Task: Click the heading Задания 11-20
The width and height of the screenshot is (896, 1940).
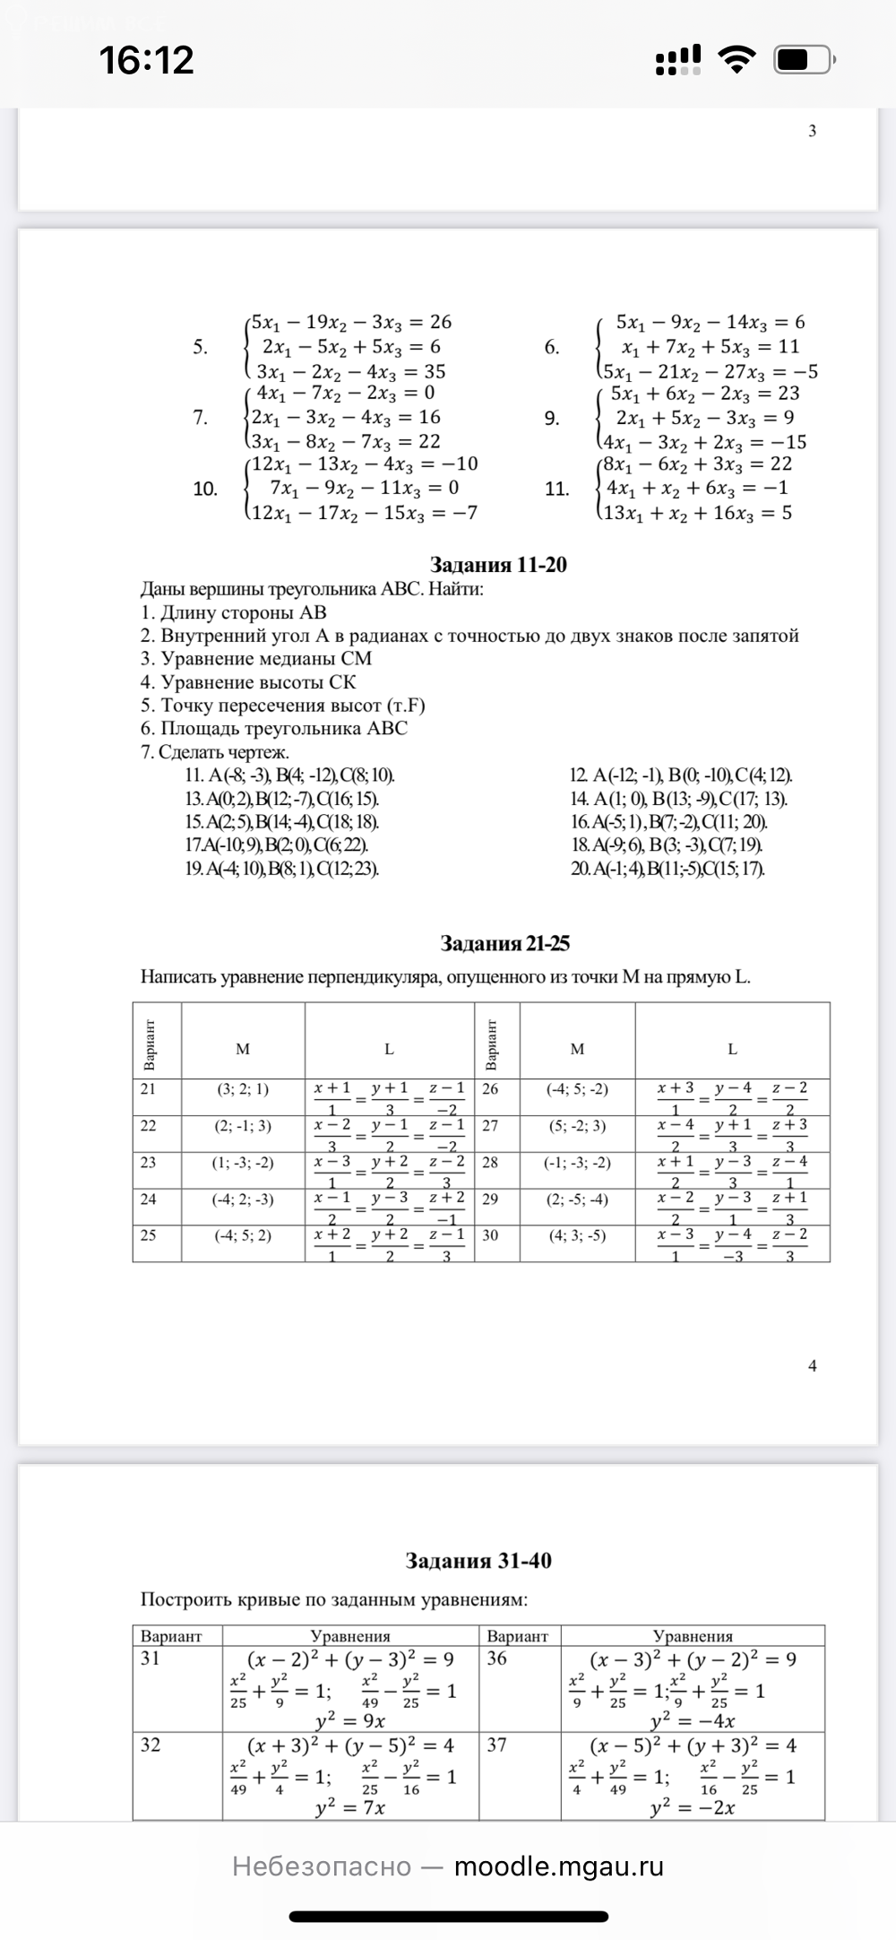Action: [498, 565]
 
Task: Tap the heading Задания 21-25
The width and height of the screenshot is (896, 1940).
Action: [504, 943]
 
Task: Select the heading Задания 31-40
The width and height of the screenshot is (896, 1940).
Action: [478, 1561]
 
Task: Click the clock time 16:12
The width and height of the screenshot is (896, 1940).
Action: [147, 60]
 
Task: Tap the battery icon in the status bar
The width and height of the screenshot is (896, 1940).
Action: [805, 61]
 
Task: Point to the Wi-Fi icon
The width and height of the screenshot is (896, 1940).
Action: [737, 61]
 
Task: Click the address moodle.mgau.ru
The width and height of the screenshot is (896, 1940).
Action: [559, 1866]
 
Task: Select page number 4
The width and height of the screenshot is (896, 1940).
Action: [813, 1366]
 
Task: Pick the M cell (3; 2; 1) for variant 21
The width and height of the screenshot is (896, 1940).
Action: [243, 1089]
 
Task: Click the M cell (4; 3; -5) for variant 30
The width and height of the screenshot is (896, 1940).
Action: [577, 1235]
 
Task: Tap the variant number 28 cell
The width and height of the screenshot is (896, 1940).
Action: [490, 1162]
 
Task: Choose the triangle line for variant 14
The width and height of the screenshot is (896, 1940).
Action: [678, 799]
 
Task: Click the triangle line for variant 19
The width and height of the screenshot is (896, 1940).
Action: [282, 868]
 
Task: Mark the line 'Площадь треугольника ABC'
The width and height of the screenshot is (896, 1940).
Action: [274, 728]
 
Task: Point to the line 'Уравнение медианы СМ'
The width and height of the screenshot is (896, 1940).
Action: [256, 658]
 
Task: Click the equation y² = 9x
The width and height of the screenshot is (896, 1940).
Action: [350, 1720]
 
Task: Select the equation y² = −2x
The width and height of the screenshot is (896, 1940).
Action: [693, 1808]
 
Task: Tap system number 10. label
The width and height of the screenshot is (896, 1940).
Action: [205, 489]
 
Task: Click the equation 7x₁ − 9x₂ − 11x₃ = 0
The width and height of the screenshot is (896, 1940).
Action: [365, 488]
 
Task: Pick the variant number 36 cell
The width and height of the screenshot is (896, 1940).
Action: [497, 1659]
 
